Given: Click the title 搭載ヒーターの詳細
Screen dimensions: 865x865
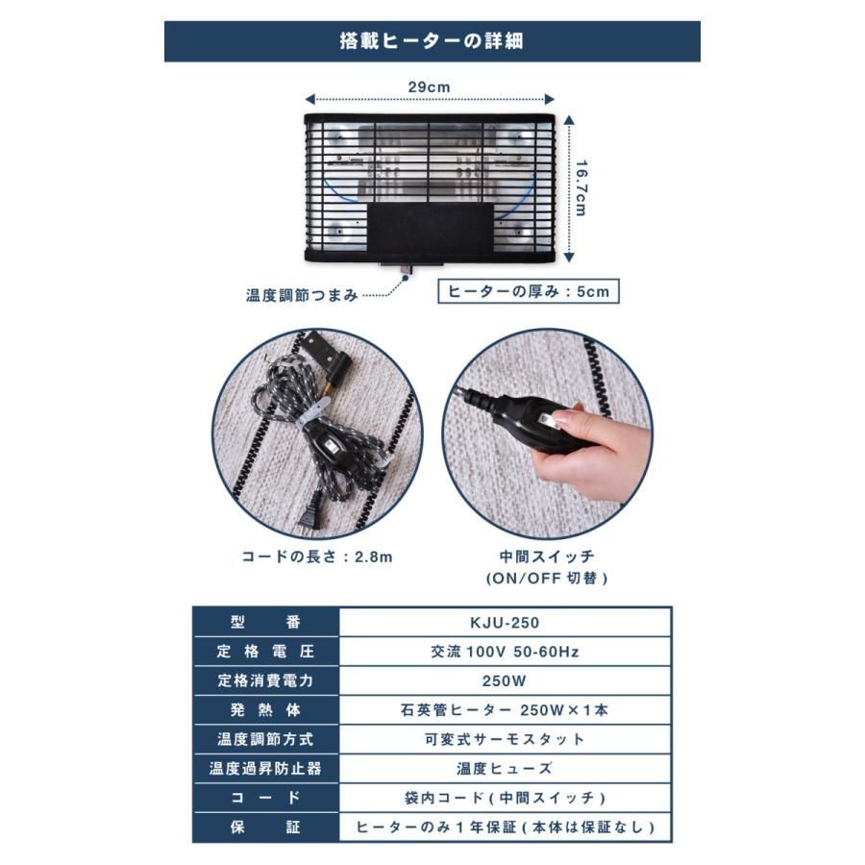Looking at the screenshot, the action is click(x=432, y=41).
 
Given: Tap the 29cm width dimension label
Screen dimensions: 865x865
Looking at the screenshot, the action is click(x=430, y=87).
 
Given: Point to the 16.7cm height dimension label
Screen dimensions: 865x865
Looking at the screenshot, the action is click(x=581, y=188).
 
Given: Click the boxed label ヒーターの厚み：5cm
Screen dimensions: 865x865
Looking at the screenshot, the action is click(x=528, y=291).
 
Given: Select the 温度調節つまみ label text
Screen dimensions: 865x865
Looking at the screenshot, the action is click(x=302, y=296).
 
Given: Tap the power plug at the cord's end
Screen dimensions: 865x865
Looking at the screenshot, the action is click(x=310, y=515).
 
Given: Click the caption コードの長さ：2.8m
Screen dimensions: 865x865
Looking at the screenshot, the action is click(x=317, y=556).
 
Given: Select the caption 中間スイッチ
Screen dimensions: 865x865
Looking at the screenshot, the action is click(x=547, y=556).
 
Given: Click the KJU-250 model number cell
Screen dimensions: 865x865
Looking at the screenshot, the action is click(x=505, y=623).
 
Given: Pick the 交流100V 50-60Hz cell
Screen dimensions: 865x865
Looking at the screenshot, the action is click(x=505, y=652).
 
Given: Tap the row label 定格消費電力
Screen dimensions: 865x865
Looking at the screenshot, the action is click(x=265, y=680).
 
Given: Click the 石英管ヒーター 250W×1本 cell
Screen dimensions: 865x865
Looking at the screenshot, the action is click(x=505, y=710).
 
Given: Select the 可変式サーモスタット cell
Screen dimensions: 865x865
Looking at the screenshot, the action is click(x=505, y=739).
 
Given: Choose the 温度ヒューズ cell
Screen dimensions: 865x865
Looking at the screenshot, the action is click(x=505, y=769).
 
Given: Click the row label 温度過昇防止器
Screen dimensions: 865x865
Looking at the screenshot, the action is click(x=265, y=769).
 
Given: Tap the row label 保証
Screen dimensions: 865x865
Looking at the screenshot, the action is click(x=265, y=827).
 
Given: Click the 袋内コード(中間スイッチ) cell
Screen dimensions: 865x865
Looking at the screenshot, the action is click(x=505, y=798).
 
